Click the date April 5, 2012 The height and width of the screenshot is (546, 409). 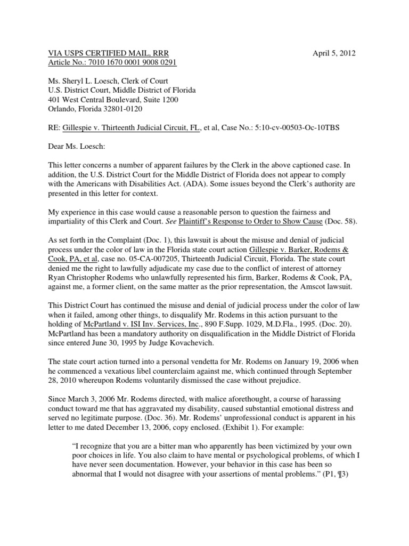[x=334, y=53]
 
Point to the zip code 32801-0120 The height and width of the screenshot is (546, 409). [x=124, y=109]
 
